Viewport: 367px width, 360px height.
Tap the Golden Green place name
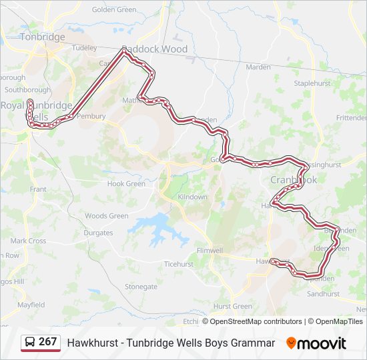click(114, 10)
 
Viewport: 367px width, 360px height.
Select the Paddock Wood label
click(155, 49)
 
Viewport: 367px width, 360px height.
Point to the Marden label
click(258, 67)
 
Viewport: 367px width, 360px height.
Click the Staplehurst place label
click(313, 83)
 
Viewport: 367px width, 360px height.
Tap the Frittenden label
click(351, 117)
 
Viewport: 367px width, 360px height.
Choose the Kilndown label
click(193, 197)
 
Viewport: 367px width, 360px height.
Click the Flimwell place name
click(210, 251)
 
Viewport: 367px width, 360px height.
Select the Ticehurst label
click(178, 264)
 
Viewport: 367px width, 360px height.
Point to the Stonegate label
click(141, 287)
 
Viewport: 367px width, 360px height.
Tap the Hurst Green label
click(232, 307)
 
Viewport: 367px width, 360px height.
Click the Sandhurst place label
click(324, 294)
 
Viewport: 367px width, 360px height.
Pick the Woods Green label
click(106, 216)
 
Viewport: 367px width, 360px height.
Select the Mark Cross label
click(28, 241)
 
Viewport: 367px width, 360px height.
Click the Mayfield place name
click(31, 305)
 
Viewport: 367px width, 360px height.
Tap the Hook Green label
click(126, 184)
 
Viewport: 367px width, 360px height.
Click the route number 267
click(47, 342)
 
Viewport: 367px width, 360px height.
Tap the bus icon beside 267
click(31, 342)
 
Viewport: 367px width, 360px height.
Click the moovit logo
click(316, 343)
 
